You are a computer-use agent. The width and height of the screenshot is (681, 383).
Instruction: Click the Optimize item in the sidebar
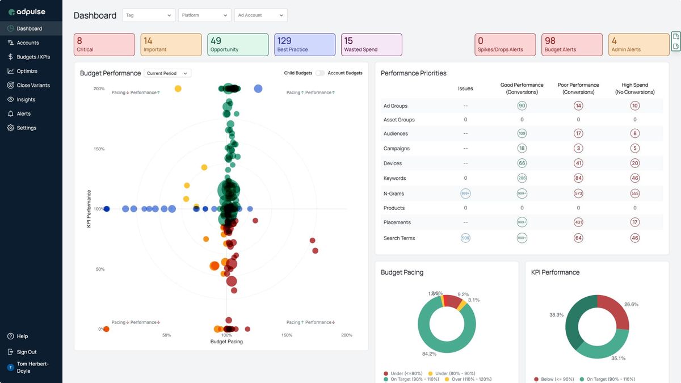click(27, 71)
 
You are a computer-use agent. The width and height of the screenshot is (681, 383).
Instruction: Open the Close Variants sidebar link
click(33, 85)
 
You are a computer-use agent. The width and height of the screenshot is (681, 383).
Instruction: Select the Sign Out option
click(26, 352)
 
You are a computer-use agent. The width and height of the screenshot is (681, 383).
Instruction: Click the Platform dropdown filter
click(204, 15)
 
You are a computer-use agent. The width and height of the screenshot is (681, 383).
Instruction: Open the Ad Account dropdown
click(260, 15)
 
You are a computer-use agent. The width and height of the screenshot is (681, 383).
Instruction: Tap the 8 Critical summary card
click(104, 45)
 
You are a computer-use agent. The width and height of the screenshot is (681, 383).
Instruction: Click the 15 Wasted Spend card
click(372, 45)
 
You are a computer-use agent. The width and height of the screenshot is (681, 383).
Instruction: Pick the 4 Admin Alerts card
click(639, 45)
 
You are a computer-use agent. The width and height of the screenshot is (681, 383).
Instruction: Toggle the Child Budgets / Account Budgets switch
click(320, 73)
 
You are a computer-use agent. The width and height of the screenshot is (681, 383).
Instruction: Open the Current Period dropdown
click(167, 73)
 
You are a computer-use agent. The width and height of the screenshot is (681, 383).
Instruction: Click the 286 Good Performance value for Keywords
click(522, 178)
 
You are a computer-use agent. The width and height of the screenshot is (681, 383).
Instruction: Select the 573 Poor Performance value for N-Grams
click(578, 193)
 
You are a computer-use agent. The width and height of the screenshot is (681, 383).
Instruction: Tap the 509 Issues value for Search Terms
click(465, 238)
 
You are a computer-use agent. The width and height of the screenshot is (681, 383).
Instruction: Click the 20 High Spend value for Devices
click(634, 163)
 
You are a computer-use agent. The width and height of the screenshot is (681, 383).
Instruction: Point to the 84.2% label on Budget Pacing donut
click(429, 353)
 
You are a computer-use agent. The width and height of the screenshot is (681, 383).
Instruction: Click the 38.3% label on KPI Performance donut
click(556, 314)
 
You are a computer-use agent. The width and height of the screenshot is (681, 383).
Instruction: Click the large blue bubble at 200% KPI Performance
click(258, 89)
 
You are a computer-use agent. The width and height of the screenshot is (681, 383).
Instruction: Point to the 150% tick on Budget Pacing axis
click(287, 335)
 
